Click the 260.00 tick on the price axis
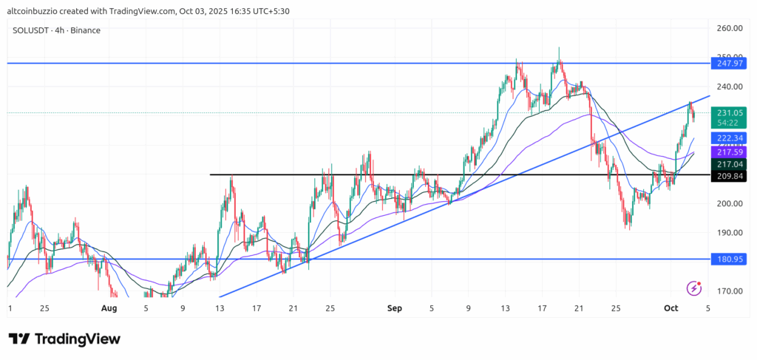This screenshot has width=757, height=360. tap(730, 28)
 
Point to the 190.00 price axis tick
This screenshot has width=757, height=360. tap(730, 233)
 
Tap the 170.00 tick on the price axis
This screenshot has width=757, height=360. tap(730, 291)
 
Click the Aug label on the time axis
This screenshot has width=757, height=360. tap(109, 308)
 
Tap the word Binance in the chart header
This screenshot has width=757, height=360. tap(86, 30)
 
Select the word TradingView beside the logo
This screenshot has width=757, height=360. tap(77, 339)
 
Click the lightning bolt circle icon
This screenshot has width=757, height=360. tap(694, 288)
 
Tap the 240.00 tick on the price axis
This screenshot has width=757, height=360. tap(730, 86)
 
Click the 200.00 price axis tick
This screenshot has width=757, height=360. tap(730, 204)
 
